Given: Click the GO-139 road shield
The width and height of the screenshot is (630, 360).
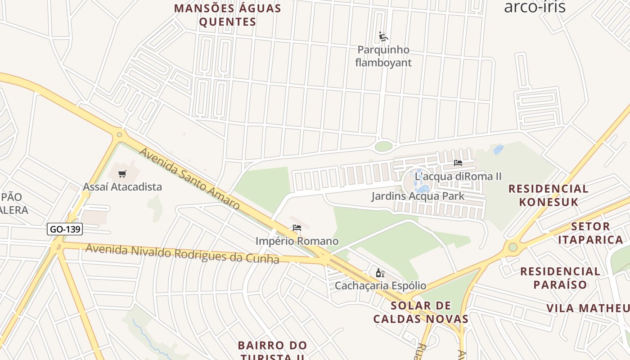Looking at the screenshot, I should (65, 229).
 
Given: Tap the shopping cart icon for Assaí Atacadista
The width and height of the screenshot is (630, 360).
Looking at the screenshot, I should (122, 174).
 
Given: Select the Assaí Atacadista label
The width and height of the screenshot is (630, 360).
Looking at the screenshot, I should (122, 187).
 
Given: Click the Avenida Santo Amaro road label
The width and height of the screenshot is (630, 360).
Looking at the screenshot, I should (189, 179).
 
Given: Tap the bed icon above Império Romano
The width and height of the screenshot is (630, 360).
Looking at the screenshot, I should (297, 228).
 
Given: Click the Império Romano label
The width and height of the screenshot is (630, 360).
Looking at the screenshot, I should (297, 241).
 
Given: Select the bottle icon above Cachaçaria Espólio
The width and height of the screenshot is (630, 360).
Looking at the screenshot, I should (380, 273).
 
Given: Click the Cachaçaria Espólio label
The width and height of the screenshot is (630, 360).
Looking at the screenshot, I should (380, 286).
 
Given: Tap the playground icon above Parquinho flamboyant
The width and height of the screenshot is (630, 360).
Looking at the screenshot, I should (383, 36).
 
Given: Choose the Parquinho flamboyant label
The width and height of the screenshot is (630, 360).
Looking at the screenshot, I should (383, 56).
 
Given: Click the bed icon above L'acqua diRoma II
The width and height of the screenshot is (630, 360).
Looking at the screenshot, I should (458, 163).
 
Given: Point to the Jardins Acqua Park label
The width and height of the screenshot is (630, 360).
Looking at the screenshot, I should (418, 196).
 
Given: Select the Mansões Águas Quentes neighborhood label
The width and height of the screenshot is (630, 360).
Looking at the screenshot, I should (228, 15).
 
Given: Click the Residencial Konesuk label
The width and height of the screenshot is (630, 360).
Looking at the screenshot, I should (549, 195).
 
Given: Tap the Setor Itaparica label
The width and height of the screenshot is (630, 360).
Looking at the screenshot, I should (590, 233).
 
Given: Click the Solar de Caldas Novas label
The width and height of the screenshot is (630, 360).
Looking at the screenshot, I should (421, 312).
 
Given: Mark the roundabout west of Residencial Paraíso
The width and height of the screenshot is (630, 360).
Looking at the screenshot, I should (513, 247).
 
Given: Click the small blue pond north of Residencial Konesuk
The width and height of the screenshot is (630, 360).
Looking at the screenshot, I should (498, 149).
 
